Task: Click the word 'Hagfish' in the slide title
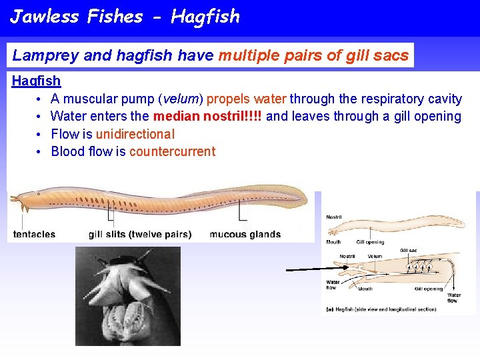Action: [205, 17]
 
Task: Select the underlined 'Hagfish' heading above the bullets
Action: [36, 81]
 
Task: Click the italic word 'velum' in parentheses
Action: [180, 99]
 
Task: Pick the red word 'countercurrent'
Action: [172, 151]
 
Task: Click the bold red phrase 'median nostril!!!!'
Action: [207, 117]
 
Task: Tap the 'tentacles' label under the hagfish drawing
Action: [34, 234]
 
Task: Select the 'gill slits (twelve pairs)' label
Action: [140, 234]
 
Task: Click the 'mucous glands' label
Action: [245, 234]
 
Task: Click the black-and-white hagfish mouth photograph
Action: [127, 296]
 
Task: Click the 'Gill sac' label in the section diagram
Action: [408, 250]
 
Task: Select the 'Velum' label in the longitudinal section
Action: [375, 256]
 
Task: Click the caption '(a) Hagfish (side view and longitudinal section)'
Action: [381, 309]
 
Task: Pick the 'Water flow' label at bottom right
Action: [453, 297]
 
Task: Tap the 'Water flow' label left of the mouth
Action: [331, 285]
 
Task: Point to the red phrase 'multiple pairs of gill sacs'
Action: [313, 55]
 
